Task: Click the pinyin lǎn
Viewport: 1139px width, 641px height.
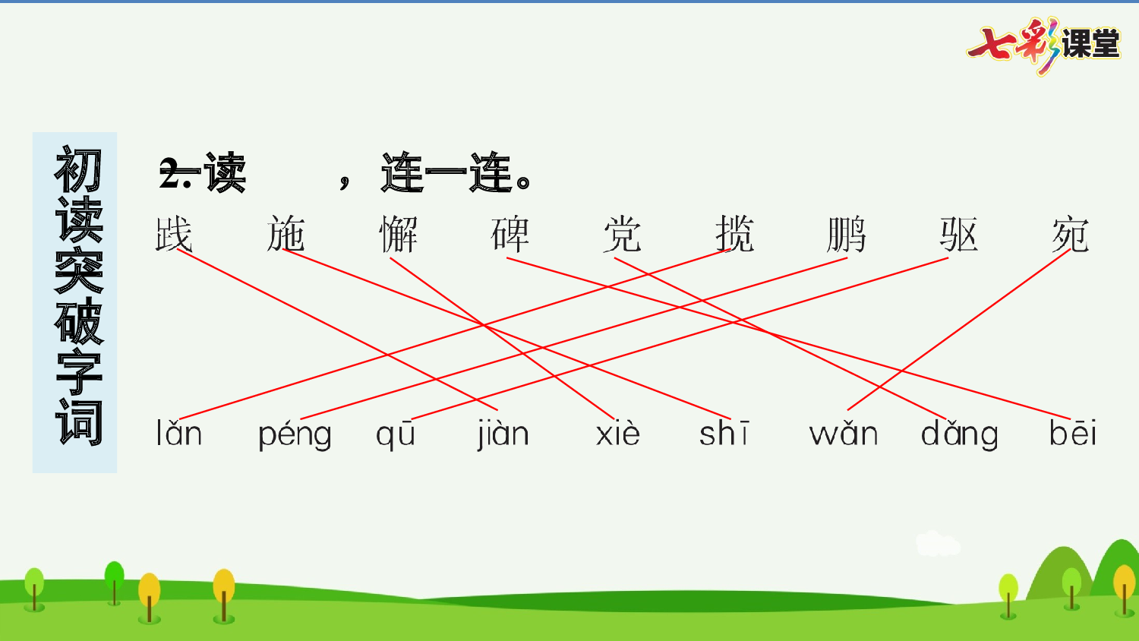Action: point(179,434)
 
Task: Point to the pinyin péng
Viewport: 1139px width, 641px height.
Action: point(295,435)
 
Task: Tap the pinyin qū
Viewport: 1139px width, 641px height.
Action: point(396,435)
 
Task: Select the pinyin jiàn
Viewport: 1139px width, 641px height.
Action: point(503,434)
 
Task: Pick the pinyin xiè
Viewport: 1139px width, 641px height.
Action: point(618,434)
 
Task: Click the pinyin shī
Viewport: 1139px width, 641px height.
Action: point(724,434)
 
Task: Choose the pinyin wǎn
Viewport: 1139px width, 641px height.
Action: point(844,434)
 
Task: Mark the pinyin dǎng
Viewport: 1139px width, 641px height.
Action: point(960,435)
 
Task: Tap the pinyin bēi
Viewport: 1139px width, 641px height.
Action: point(1073,434)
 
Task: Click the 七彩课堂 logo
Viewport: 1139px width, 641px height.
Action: point(1044,44)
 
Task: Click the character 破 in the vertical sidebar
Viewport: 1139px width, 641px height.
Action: point(78,321)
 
